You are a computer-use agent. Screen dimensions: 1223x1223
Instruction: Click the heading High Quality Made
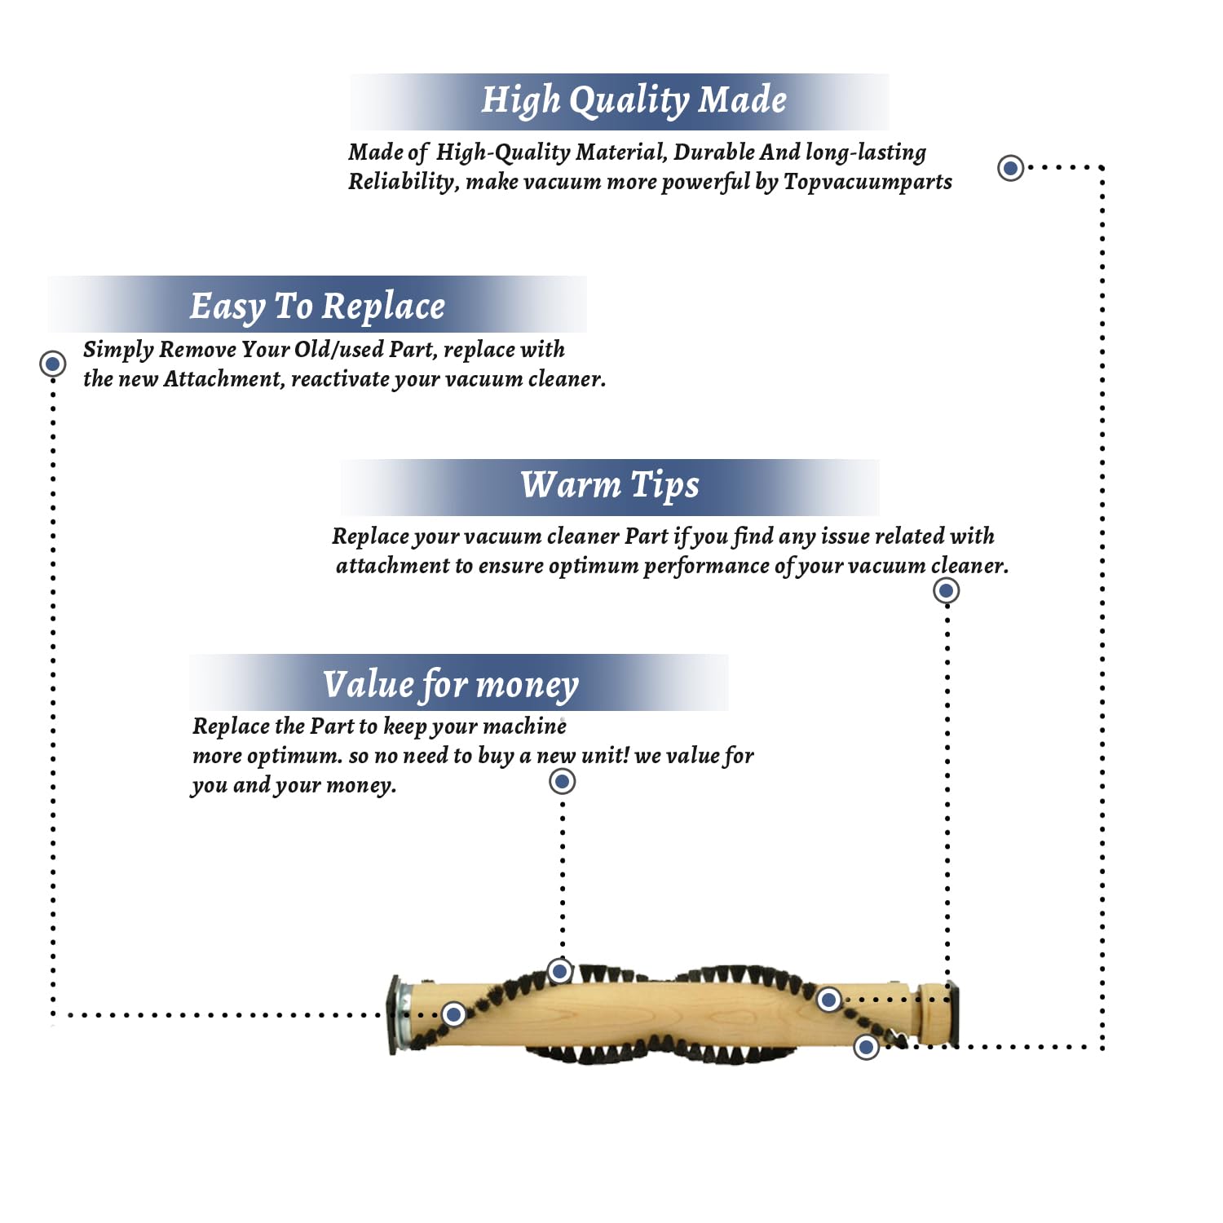[x=634, y=100]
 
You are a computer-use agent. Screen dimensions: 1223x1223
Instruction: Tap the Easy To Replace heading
[x=317, y=307]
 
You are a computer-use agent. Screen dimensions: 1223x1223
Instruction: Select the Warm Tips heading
[x=610, y=485]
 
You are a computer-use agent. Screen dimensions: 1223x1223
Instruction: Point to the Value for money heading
[x=451, y=685]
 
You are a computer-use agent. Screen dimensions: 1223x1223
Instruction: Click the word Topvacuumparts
[x=868, y=182]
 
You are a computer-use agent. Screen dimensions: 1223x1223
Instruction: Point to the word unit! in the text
[x=605, y=756]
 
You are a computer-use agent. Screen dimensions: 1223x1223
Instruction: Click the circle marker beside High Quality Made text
[x=1011, y=168]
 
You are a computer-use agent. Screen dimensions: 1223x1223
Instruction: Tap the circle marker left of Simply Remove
[x=53, y=363]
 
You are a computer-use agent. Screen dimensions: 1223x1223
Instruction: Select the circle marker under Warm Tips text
[x=946, y=590]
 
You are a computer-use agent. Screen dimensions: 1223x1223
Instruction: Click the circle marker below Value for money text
[x=562, y=781]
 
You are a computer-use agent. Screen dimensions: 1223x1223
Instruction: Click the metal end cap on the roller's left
[x=398, y=1015]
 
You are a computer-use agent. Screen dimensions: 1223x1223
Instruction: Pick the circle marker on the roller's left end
[x=454, y=1014]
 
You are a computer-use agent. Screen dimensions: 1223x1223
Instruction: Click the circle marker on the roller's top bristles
[x=559, y=971]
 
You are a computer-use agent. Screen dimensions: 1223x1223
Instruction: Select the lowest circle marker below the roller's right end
[x=866, y=1047]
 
